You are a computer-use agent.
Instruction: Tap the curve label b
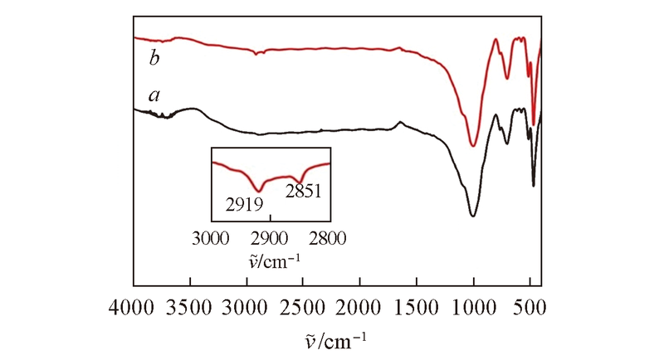(x=154, y=57)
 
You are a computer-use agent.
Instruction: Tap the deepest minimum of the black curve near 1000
(x=472, y=216)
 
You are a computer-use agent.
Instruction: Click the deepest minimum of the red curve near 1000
(x=472, y=145)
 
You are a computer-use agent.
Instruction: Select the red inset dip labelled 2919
(x=259, y=190)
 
